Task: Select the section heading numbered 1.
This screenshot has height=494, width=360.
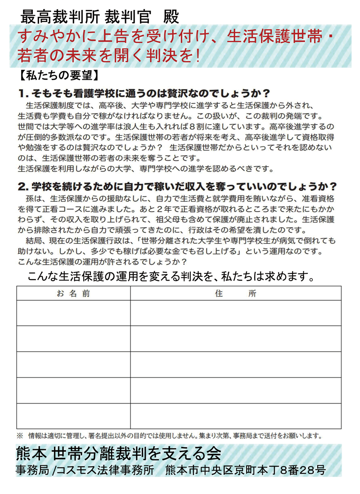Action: click(x=144, y=93)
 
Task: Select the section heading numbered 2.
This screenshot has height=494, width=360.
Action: click(x=178, y=186)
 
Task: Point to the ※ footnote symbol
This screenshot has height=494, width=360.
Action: click(x=20, y=436)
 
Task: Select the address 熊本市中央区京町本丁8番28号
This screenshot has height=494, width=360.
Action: click(x=245, y=470)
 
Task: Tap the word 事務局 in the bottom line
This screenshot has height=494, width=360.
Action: click(x=31, y=470)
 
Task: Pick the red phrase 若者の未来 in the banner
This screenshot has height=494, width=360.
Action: click(x=61, y=55)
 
